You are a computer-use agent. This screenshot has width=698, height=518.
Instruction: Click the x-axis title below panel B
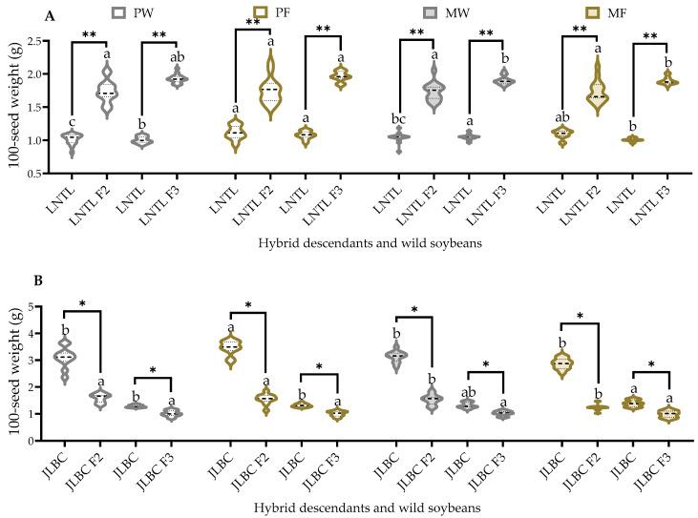click(x=367, y=508)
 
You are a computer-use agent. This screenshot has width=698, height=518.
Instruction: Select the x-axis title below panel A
click(x=367, y=242)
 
